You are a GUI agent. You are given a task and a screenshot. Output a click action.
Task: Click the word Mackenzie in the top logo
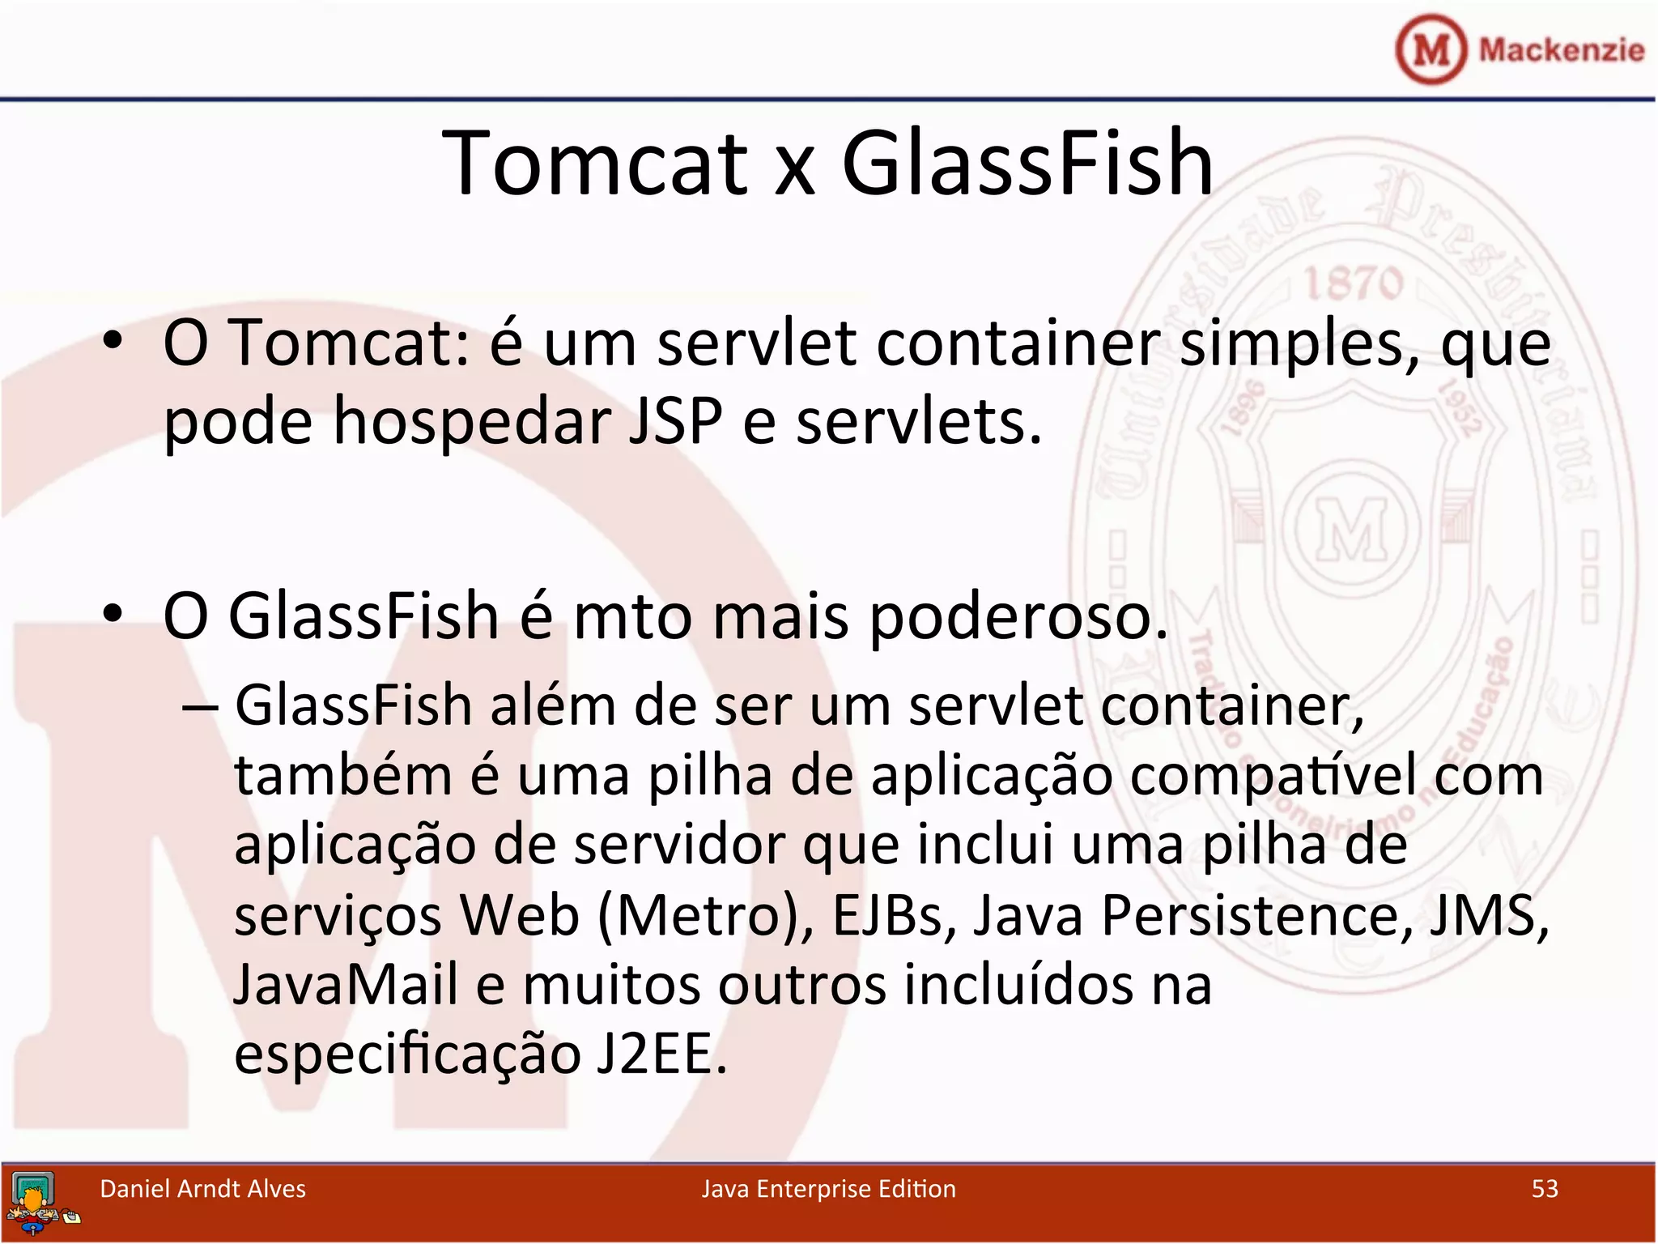pos(1561,50)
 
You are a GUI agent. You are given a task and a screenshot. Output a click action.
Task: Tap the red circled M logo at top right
pos(1431,50)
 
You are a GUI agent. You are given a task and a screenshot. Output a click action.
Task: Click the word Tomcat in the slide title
pos(596,164)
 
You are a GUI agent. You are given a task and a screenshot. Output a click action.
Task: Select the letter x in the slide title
pos(794,172)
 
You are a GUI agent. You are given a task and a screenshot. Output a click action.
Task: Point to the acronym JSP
pos(675,421)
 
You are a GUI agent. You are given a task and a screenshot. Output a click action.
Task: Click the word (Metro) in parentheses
pos(705,915)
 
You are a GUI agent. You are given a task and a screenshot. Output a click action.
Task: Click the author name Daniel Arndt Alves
pos(202,1189)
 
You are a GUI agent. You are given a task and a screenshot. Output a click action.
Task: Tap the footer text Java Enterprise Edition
pos(828,1189)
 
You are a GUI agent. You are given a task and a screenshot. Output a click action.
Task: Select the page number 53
pos(1545,1189)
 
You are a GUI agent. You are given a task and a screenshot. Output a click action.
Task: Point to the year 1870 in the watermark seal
pos(1354,284)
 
